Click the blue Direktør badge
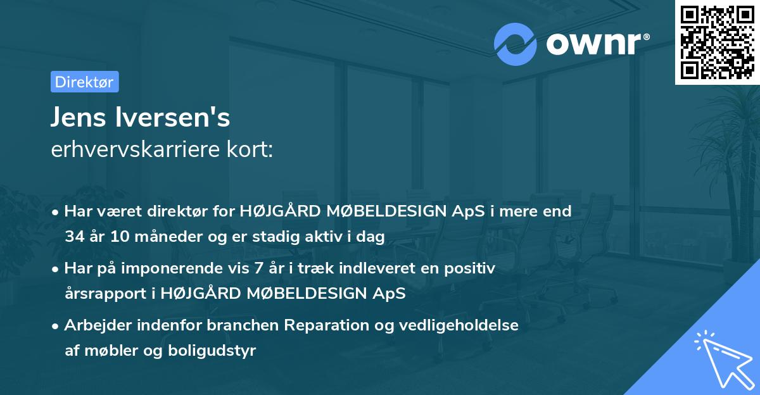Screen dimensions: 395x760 (84, 82)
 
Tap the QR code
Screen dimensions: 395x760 (717, 42)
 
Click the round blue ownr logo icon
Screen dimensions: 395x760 (514, 44)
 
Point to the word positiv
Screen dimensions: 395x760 (472, 268)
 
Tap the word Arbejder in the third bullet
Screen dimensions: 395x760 (93, 325)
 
